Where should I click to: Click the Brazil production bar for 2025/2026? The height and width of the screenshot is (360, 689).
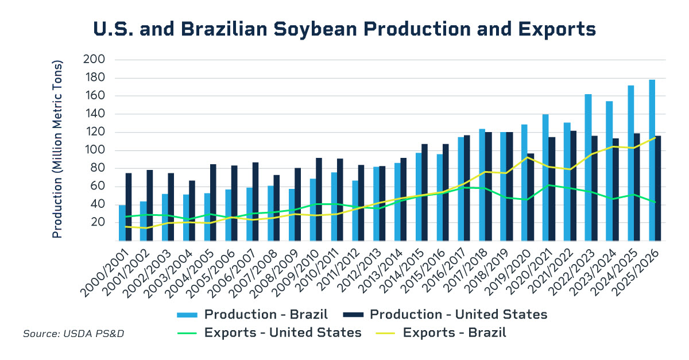652,160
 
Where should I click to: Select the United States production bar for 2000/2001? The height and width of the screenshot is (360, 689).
129,207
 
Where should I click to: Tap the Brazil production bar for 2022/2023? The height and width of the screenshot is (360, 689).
588,167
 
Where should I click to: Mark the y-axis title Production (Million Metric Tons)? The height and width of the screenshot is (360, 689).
57,149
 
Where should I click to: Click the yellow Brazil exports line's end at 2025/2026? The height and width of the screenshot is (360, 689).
655,137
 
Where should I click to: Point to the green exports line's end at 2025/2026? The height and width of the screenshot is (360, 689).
655,202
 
